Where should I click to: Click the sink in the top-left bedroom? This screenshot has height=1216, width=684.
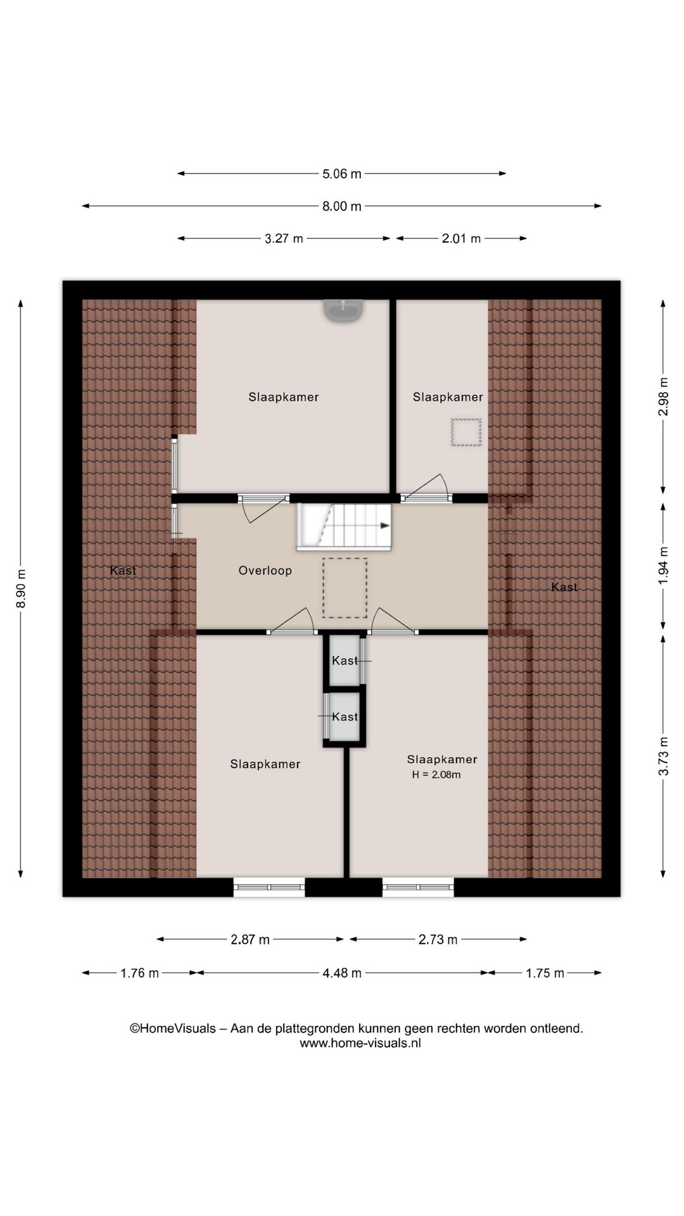343,310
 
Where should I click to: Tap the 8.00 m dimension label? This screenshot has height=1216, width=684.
341,206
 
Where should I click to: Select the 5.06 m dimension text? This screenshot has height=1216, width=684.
341,174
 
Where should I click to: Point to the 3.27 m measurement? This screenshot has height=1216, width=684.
283,239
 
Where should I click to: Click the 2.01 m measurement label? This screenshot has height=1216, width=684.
461,239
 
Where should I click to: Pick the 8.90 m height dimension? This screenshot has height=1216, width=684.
21,588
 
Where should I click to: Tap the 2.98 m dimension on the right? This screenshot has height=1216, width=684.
663,396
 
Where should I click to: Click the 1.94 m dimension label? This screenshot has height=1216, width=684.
663,565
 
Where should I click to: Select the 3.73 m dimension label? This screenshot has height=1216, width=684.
663,756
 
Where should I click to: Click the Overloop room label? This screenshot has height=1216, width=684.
265,571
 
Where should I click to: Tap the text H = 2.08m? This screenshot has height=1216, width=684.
436,775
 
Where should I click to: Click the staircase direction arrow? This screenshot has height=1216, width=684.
384,526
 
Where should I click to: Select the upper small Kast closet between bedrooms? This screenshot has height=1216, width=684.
345,661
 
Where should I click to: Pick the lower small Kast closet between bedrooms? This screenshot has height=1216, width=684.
345,717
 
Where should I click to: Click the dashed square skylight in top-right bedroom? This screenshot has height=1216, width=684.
466,432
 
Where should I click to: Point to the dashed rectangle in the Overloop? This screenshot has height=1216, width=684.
345,588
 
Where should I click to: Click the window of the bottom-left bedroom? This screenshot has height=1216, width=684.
269,887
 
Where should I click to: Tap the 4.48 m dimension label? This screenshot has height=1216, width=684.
341,973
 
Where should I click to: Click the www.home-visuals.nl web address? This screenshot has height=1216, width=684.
360,1043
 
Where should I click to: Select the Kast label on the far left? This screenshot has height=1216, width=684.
123,571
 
